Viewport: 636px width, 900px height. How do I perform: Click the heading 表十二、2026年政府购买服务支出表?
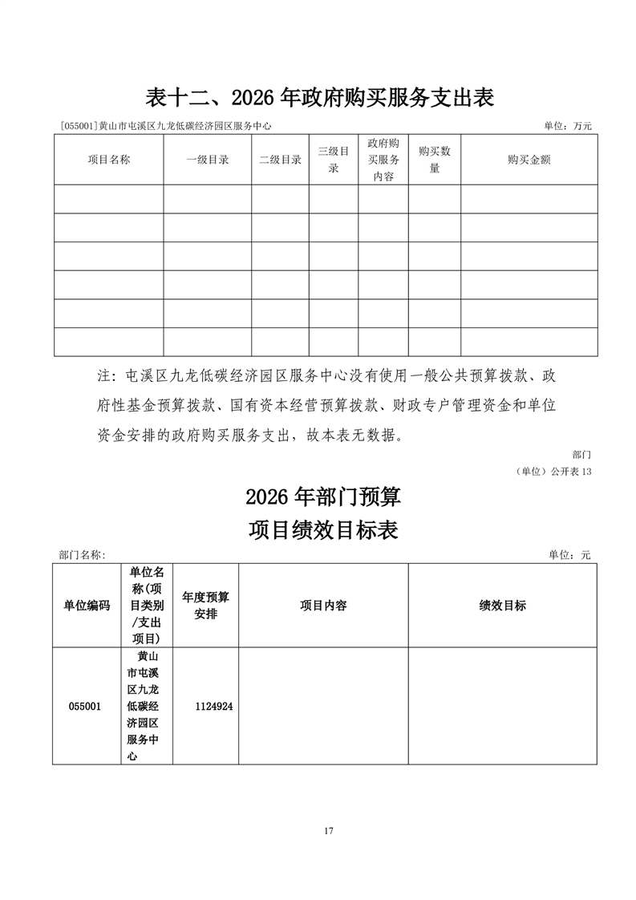point(318,98)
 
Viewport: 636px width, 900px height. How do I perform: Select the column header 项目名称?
point(109,160)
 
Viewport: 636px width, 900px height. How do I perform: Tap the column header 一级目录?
point(208,160)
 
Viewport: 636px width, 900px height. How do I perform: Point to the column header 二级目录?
point(280,160)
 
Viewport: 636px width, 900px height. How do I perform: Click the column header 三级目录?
point(334,160)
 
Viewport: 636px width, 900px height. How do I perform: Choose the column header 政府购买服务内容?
point(383,160)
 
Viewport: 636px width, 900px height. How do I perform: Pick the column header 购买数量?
point(435,160)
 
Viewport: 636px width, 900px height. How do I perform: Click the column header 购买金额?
point(529,160)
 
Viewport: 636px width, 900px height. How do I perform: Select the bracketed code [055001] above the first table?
point(79,126)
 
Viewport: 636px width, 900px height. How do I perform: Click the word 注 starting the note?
point(102,376)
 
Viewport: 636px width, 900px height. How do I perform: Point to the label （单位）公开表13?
point(553,472)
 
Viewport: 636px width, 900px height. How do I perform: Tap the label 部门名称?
point(82,554)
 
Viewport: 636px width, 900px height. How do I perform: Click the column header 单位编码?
point(87,606)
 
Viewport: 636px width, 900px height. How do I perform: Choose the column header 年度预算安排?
point(205,606)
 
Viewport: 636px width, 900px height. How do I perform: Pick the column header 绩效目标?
point(502,606)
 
